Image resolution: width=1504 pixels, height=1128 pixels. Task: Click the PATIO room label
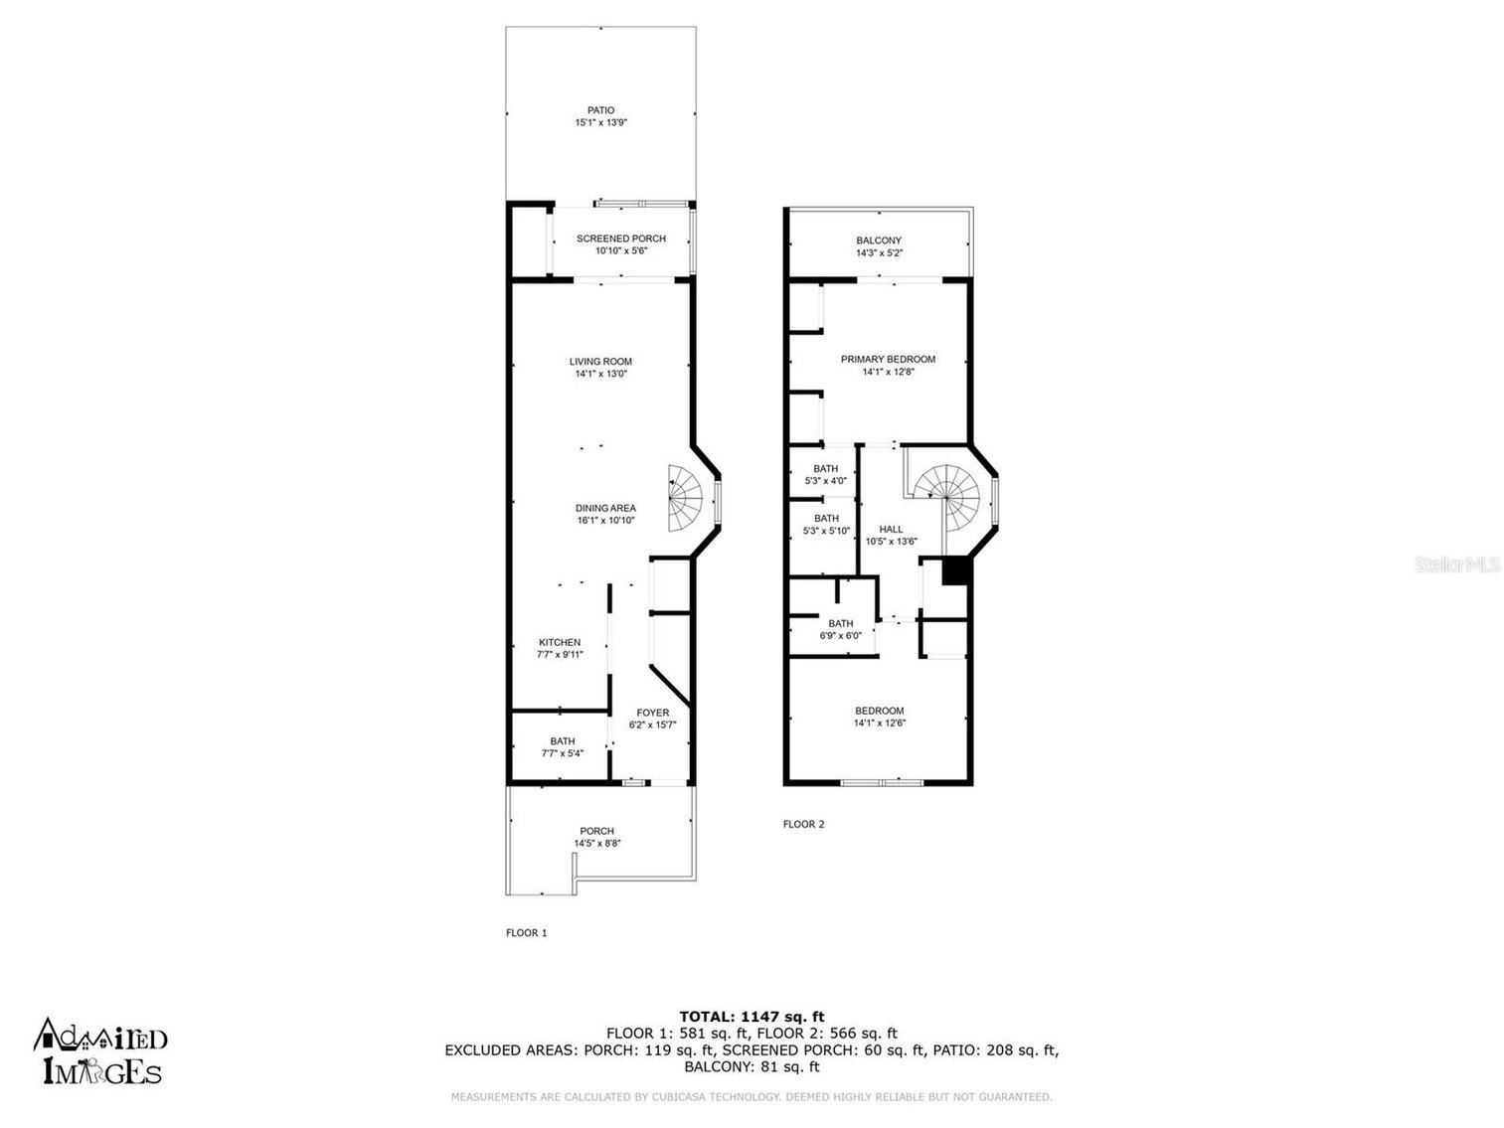(x=600, y=110)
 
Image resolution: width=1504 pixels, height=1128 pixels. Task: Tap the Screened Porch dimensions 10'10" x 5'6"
(x=621, y=251)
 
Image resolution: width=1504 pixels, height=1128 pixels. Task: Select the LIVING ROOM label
(x=600, y=362)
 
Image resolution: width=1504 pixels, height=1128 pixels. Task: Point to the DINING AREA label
(x=605, y=508)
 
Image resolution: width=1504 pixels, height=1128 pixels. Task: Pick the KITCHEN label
(x=560, y=642)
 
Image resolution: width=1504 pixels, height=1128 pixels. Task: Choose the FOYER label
(x=653, y=713)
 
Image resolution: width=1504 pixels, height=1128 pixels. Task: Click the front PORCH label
(x=597, y=831)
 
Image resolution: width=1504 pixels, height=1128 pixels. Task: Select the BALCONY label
(x=879, y=241)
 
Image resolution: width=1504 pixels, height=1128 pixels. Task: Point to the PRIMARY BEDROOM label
(x=888, y=359)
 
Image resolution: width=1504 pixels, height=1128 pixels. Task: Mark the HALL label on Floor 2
(x=891, y=529)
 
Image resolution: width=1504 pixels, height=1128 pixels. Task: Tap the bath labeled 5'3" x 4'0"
(x=825, y=475)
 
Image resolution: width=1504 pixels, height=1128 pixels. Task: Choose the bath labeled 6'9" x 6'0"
(x=840, y=630)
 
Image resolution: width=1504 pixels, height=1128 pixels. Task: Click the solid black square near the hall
(x=954, y=571)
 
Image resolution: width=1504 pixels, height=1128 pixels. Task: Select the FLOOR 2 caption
(x=803, y=824)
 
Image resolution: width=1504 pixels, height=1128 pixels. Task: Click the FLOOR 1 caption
(x=527, y=932)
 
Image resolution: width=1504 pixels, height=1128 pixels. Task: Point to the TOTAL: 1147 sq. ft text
(x=752, y=1016)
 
